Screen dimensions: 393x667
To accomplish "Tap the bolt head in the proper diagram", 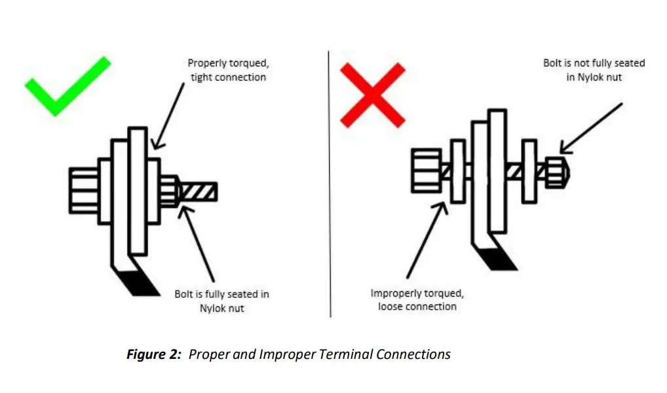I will pyautogui.click(x=83, y=191).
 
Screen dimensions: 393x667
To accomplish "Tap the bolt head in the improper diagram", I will pyautogui.click(x=426, y=171).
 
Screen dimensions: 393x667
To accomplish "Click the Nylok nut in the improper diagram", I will pyautogui.click(x=556, y=173).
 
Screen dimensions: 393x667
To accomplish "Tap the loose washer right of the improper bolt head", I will pyautogui.click(x=457, y=171).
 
